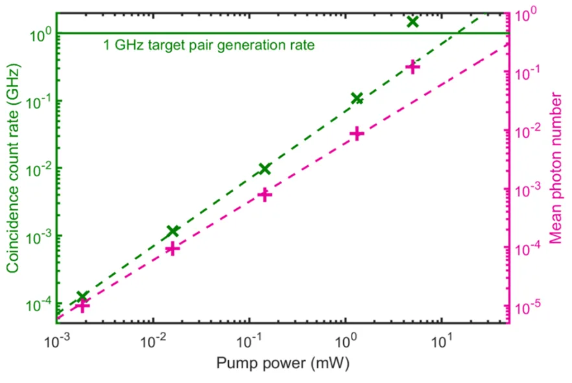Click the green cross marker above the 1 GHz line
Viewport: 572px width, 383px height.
[x=412, y=21]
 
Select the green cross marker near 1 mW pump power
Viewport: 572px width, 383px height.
[x=357, y=99]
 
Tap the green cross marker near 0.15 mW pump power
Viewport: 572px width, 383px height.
[x=264, y=168]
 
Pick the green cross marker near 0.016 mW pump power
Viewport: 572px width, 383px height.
[x=173, y=231]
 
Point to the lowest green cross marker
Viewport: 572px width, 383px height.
[x=82, y=297]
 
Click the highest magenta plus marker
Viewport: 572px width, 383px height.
[x=412, y=67]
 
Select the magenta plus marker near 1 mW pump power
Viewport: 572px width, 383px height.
[x=357, y=134]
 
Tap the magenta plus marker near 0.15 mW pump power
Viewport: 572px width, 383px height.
[x=264, y=194]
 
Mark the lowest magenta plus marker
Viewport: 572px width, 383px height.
[x=82, y=306]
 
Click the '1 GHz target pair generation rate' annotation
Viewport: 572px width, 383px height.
[x=209, y=45]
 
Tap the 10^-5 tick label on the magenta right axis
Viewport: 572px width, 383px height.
[x=527, y=307]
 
